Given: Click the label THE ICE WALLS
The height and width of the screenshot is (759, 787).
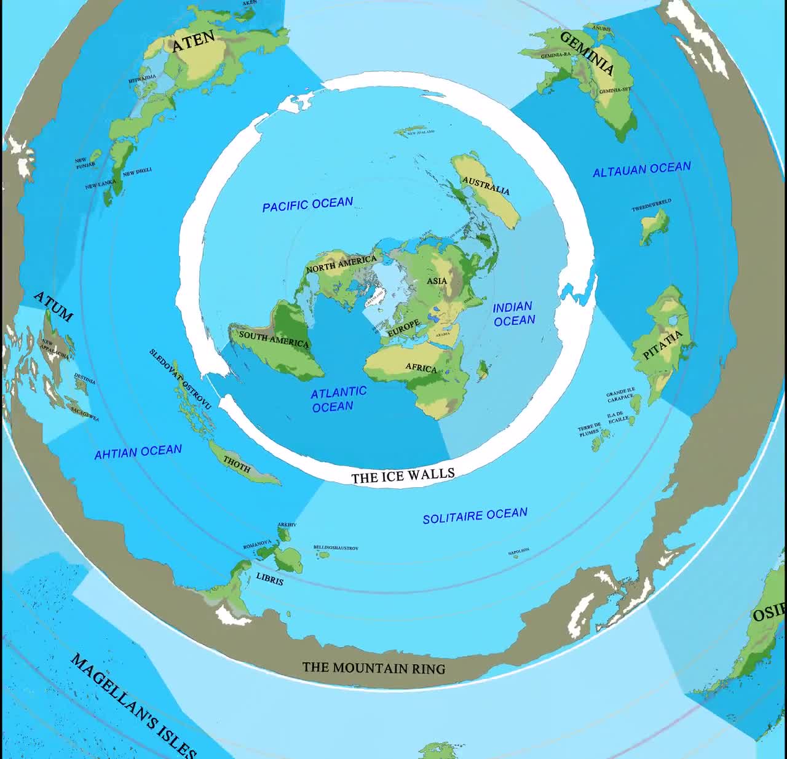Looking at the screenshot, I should click(403, 475).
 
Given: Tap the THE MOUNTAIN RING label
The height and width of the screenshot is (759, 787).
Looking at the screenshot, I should click(374, 667).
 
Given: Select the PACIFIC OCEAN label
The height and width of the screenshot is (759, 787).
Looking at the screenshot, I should click(307, 204).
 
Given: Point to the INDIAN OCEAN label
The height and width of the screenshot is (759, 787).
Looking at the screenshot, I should click(514, 314).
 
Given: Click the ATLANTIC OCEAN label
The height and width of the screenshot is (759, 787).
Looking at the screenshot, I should click(338, 399).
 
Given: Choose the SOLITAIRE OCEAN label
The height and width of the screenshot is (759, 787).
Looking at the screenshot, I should click(475, 515).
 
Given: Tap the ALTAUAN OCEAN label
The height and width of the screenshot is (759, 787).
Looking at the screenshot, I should click(641, 169).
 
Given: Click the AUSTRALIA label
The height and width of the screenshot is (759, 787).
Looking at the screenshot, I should click(486, 185).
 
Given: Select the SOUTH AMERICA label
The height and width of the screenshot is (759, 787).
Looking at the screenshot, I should click(274, 339).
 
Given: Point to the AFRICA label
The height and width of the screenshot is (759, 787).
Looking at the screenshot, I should click(421, 368).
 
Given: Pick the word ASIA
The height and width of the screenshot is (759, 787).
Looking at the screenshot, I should click(437, 280).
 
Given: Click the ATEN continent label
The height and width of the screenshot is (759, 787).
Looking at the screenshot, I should click(193, 42).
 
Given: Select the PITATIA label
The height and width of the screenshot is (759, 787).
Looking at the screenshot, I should click(662, 344).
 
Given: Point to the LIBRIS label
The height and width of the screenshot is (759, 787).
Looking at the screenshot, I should click(269, 579).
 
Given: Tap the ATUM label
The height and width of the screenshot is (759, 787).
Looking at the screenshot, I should click(53, 306).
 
